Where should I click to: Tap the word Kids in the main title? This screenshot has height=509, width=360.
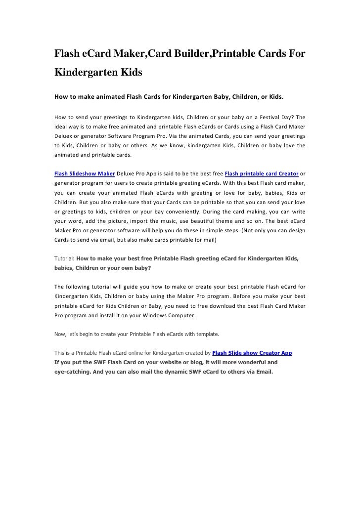tap(129, 73)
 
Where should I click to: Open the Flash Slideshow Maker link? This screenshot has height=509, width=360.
tap(85, 173)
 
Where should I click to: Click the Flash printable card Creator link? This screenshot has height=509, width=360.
tap(262, 173)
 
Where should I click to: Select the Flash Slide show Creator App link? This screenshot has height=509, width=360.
tap(252, 353)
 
